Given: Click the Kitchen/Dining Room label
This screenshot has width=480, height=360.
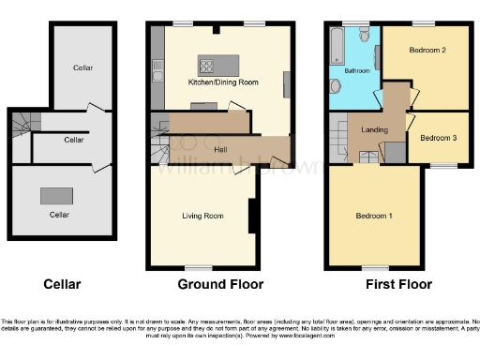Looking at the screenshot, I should point(223,82).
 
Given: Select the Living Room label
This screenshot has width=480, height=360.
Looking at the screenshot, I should point(202,217).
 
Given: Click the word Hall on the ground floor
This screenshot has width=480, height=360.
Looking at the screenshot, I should point(221,149).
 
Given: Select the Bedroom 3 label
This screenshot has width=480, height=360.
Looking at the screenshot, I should point(439,139).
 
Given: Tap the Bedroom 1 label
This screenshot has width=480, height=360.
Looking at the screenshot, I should point(374,217).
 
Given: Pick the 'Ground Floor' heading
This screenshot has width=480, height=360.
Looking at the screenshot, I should point(220,284).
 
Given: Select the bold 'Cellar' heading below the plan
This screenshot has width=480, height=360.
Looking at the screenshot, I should point(62,284).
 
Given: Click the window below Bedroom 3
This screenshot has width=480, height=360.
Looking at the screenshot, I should point(442,165).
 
